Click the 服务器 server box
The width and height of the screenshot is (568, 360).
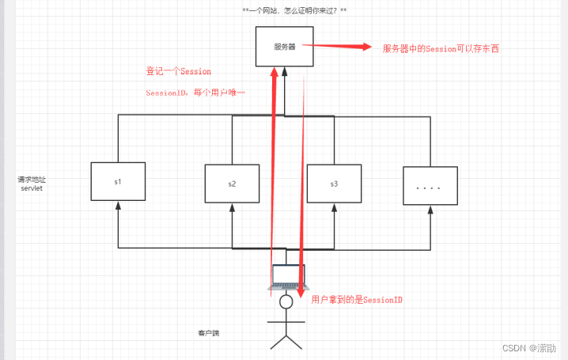coord(285,47)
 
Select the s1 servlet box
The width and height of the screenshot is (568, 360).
coord(117,181)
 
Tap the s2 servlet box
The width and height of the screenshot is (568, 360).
coord(232,184)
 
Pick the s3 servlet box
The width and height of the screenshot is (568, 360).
coord(334,184)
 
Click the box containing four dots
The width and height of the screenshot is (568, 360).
coord(430,187)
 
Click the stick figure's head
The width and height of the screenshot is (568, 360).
coord(286,301)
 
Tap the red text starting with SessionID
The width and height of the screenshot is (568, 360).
coord(195,93)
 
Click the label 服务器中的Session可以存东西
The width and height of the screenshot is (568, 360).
coord(441,49)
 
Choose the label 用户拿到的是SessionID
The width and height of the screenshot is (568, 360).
coord(357,300)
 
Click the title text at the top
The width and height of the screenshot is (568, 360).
coord(294,11)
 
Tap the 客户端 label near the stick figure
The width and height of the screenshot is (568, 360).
coord(208,333)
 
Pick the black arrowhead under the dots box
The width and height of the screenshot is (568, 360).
coord(430,210)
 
